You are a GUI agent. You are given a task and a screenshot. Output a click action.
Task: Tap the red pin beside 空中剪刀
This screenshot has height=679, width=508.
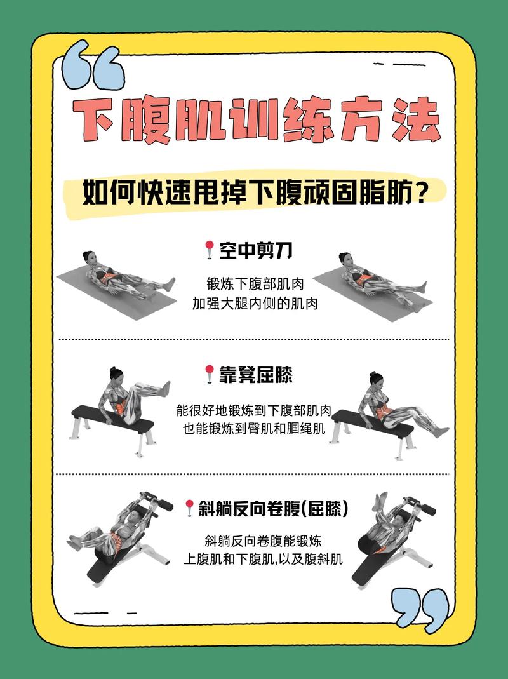[210, 250]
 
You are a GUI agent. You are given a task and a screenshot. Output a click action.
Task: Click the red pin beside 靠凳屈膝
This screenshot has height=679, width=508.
[210, 375]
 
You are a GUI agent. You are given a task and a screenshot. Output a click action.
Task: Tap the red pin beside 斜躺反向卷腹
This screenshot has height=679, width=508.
[189, 508]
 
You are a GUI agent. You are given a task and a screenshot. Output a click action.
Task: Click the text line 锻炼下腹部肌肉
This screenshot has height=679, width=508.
[254, 283]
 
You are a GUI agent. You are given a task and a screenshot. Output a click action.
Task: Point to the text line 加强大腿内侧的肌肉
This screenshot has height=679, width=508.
[254, 304]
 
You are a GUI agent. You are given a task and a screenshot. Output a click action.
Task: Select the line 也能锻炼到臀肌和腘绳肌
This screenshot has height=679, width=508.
[254, 429]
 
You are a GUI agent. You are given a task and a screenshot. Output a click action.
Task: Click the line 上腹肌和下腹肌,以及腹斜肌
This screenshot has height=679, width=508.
[263, 560]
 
